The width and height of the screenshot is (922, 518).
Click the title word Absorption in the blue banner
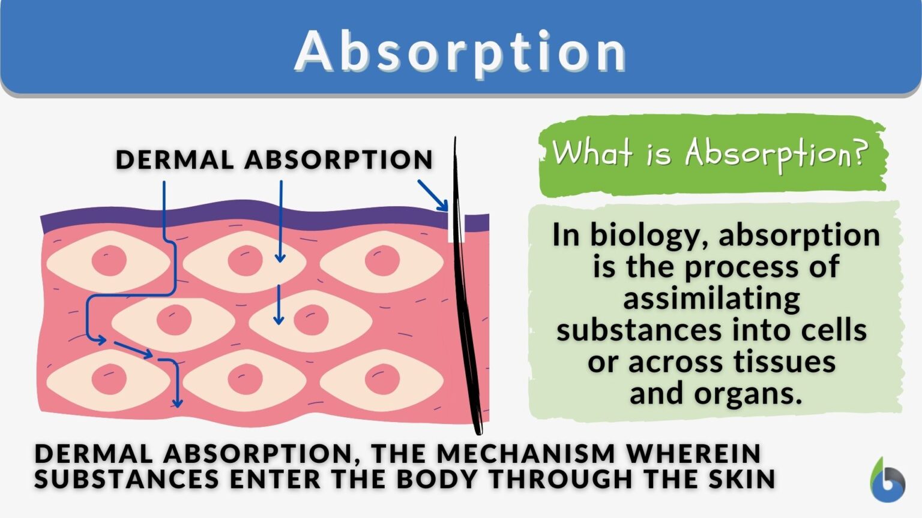461,51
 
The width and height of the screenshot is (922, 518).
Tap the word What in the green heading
591,152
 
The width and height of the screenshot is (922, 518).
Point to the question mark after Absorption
860,152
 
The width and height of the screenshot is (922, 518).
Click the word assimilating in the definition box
712,299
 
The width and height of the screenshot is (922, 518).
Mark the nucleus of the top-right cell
382,261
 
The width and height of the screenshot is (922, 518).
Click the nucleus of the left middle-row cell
174,320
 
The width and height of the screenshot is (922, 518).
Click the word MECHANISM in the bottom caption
526,454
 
